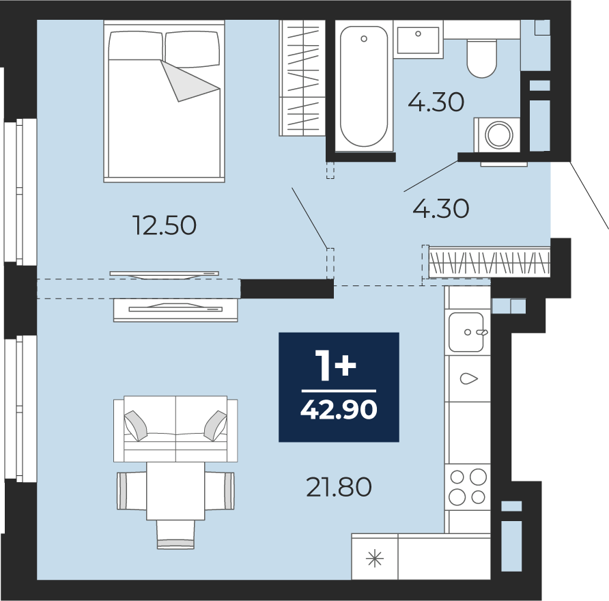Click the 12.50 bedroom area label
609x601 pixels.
pos(165,225)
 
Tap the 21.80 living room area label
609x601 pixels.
pos(339,487)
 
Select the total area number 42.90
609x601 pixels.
pos(339,410)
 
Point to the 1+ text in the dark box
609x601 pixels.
pos(337,365)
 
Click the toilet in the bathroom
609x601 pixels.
pos(481,58)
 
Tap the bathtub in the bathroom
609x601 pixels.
pos(364,86)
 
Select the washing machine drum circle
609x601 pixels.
pos(498,135)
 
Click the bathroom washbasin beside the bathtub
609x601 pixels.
pos(418,39)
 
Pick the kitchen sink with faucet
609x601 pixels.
pos(466,332)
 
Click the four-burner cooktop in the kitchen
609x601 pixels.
pos(467,487)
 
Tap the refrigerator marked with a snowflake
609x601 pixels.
pos(375,557)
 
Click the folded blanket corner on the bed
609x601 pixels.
pos(190,81)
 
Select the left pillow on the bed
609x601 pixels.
pos(135,46)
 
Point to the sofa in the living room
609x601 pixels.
pos(175,429)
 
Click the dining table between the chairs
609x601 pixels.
pos(175,491)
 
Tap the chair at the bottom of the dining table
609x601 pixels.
pos(175,535)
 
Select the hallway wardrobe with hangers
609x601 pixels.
pos(490,263)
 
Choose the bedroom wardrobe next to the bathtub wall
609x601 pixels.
pos(302,78)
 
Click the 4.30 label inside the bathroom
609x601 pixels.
pos(436,102)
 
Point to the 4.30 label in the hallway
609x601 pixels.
pos(441,208)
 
